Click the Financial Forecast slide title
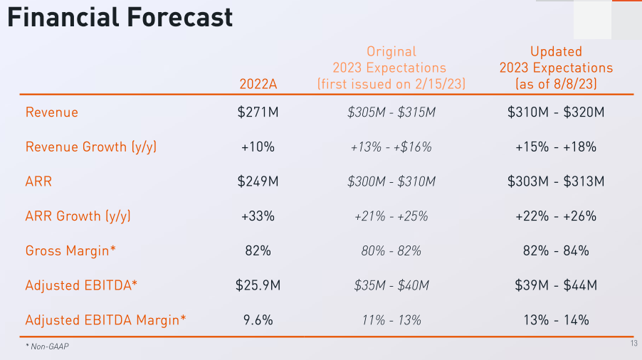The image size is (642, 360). point(120,17)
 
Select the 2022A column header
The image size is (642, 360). point(258,84)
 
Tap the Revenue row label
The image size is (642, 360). point(52,112)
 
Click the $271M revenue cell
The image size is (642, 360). point(258,112)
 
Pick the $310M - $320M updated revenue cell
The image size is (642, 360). point(556,112)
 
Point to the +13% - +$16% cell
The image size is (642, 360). point(391,147)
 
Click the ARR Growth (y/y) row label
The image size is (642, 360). point(78,216)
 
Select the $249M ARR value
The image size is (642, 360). point(258,181)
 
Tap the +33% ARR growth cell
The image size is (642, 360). point(258,216)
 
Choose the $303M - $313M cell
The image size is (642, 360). point(556,181)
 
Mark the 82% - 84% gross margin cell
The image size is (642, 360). point(556,251)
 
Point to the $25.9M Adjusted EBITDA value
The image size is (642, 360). point(258,285)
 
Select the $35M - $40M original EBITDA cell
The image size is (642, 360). point(391,285)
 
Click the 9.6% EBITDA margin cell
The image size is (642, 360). point(258,320)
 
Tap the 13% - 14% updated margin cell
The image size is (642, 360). point(556,320)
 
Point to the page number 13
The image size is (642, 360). point(633,344)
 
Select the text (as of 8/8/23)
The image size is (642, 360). point(556,84)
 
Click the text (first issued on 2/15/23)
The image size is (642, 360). point(391,84)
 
